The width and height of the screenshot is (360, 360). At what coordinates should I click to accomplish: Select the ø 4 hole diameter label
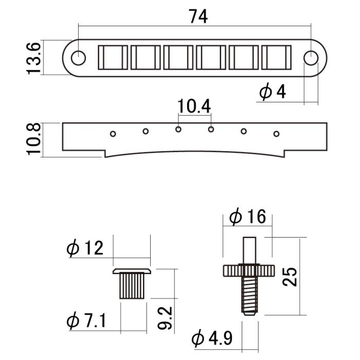tap(273, 93)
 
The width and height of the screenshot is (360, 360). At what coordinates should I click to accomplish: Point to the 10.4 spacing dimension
tap(194, 106)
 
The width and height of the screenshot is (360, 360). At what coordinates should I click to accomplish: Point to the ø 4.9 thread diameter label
tap(212, 339)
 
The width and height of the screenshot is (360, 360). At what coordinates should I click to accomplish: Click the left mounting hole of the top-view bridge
tap(78, 58)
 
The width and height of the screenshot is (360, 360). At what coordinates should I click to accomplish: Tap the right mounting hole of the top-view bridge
tap(311, 58)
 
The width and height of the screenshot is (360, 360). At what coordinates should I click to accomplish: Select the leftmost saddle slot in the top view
tap(113, 57)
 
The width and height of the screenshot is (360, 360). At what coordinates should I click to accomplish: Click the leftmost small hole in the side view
tap(113, 134)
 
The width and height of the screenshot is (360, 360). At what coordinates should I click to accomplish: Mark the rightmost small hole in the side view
tap(276, 134)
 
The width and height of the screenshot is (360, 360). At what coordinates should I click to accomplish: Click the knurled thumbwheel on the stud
tap(249, 271)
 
